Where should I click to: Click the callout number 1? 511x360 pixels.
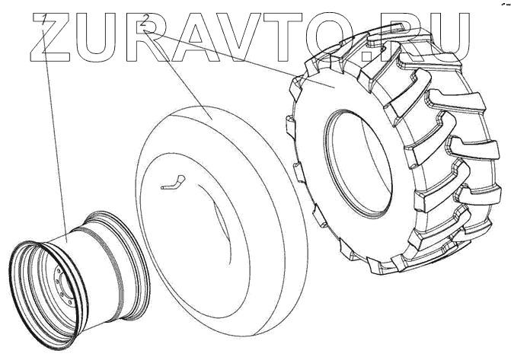pos(44,20)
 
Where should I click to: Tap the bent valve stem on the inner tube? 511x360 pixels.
pos(174,183)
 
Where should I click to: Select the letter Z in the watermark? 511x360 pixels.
pos(50,37)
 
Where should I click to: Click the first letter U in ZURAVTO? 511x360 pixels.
pos(97,37)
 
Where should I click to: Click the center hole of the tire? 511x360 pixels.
pos(358,163)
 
